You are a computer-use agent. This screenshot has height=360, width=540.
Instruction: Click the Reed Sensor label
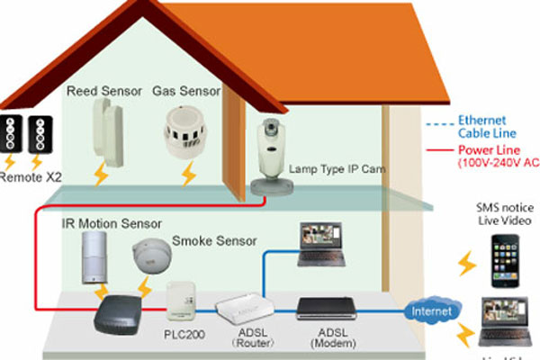tap(102, 91)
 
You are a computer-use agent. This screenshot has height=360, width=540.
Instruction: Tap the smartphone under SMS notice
tap(506, 261)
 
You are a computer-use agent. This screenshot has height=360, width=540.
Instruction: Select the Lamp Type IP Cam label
tap(333, 168)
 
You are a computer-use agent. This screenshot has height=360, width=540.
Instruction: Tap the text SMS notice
tap(504, 206)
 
